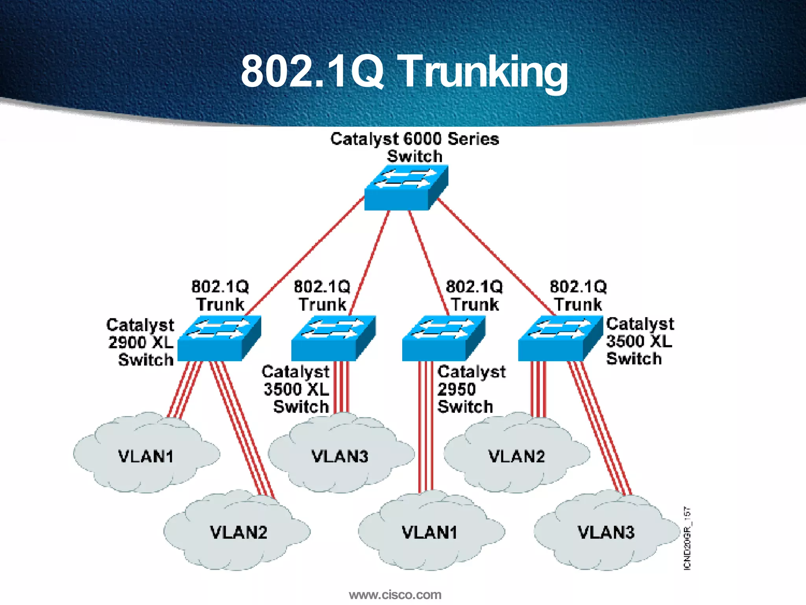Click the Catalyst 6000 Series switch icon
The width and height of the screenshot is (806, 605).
tap(405, 188)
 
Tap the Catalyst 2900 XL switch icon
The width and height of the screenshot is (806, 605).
tap(219, 338)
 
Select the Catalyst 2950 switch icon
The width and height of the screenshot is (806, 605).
tap(443, 338)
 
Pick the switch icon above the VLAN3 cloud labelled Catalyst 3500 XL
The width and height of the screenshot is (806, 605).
tap(333, 338)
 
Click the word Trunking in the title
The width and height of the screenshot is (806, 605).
tap(484, 72)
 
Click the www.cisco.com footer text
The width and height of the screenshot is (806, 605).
tap(395, 594)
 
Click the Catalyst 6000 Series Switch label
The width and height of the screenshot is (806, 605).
tap(414, 147)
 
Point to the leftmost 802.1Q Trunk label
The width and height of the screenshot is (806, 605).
tap(220, 295)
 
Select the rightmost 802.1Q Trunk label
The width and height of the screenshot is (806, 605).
tap(578, 295)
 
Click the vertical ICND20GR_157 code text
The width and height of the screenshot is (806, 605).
tap(687, 538)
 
